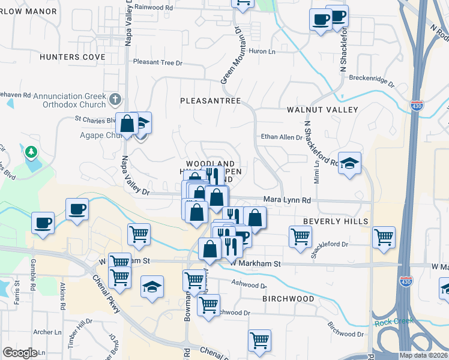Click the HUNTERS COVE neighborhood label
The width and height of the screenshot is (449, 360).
pyautogui.click(x=72, y=57)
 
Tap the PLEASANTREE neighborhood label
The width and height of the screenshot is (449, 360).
pyautogui.click(x=210, y=100)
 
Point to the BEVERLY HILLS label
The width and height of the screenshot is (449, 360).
pyautogui.click(x=335, y=221)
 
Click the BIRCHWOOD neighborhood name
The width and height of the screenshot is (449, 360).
pyautogui.click(x=288, y=298)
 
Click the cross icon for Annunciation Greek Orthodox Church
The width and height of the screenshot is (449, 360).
pyautogui.click(x=116, y=98)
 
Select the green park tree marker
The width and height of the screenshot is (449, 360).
pyautogui.click(x=31, y=152)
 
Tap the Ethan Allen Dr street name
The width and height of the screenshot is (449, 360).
pyautogui.click(x=282, y=137)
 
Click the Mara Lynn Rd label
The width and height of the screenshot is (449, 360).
pyautogui.click(x=287, y=200)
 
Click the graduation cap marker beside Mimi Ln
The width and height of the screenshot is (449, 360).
pyautogui.click(x=349, y=163)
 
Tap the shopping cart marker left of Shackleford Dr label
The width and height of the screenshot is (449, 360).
pyautogui.click(x=300, y=235)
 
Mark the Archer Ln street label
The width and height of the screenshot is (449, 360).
pyautogui.click(x=47, y=331)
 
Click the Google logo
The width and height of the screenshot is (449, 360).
pyautogui.click(x=20, y=353)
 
